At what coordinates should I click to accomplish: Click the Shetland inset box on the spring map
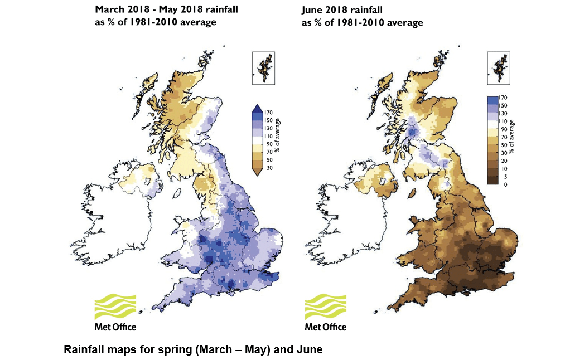pos(264,68)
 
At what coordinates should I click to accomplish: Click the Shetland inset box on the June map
pos(499,68)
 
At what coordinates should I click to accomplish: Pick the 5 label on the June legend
pos(504,176)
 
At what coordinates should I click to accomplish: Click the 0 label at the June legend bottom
pos(504,184)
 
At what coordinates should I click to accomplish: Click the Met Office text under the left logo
pos(115,327)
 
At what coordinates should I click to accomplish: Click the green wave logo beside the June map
pos(325,306)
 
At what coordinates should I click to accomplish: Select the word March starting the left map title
pos(108,9)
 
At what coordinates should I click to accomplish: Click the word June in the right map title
pos(313,10)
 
